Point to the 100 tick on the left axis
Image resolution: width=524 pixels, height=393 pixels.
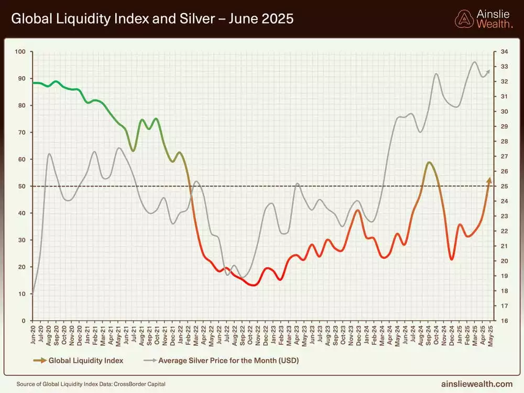(x=20, y=51)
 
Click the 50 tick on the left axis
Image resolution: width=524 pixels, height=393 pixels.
(x=22, y=186)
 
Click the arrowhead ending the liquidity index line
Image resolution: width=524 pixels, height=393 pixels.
(x=489, y=180)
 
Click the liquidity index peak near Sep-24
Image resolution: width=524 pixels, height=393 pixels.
(x=429, y=162)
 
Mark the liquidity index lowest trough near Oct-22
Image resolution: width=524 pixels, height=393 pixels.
(x=253, y=285)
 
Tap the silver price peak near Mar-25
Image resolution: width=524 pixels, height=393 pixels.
(x=475, y=62)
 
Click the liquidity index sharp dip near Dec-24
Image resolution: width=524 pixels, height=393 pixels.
(x=452, y=259)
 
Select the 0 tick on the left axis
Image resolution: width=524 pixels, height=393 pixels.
(x=24, y=321)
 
